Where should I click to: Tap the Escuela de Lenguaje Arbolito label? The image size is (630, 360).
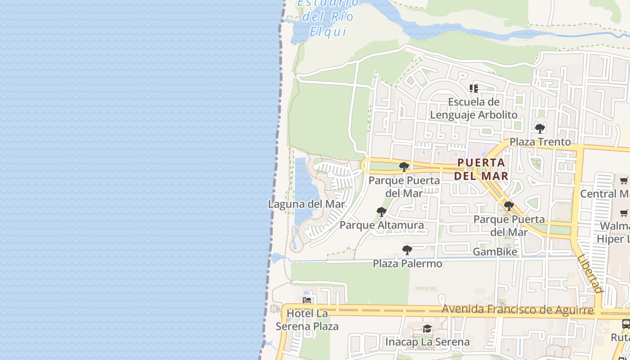(474, 108)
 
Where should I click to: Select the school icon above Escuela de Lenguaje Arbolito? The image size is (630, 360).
(473, 89)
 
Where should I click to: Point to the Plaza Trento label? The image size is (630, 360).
(540, 142)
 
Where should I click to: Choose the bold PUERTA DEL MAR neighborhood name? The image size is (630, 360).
(481, 169)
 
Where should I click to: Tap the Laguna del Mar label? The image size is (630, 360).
(306, 204)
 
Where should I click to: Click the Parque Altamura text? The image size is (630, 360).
(382, 225)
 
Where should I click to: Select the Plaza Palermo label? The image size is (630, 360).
(407, 264)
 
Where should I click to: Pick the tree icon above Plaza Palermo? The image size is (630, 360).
(407, 250)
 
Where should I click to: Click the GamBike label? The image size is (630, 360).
(495, 252)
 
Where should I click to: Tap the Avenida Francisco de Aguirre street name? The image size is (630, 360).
(517, 310)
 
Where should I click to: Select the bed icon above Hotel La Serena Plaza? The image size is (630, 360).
(307, 300)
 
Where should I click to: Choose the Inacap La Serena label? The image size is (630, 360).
(427, 342)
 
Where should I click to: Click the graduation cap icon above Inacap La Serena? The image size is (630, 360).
(427, 329)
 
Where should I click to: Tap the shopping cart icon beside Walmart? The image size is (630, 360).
(624, 213)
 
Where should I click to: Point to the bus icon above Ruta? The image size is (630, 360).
(625, 324)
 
